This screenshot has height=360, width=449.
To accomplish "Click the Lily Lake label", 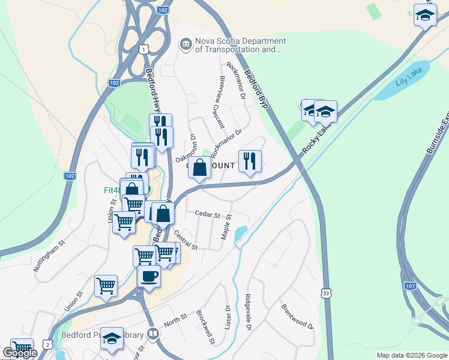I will click(409, 82).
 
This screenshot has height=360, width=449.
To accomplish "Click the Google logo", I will click(20, 353).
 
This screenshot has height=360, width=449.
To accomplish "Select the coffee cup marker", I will click(149, 277).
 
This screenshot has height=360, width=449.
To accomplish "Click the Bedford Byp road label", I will click(255, 89).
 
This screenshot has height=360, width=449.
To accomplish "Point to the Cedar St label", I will click(208, 214).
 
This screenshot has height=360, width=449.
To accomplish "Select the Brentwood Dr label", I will click(298, 316).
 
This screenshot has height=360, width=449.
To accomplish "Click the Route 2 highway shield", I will click(47, 341).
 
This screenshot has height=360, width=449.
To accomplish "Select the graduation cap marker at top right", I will click(425, 16).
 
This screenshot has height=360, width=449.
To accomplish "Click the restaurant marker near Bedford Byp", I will click(250, 161).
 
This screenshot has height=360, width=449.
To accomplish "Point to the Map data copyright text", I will click(412, 355).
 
